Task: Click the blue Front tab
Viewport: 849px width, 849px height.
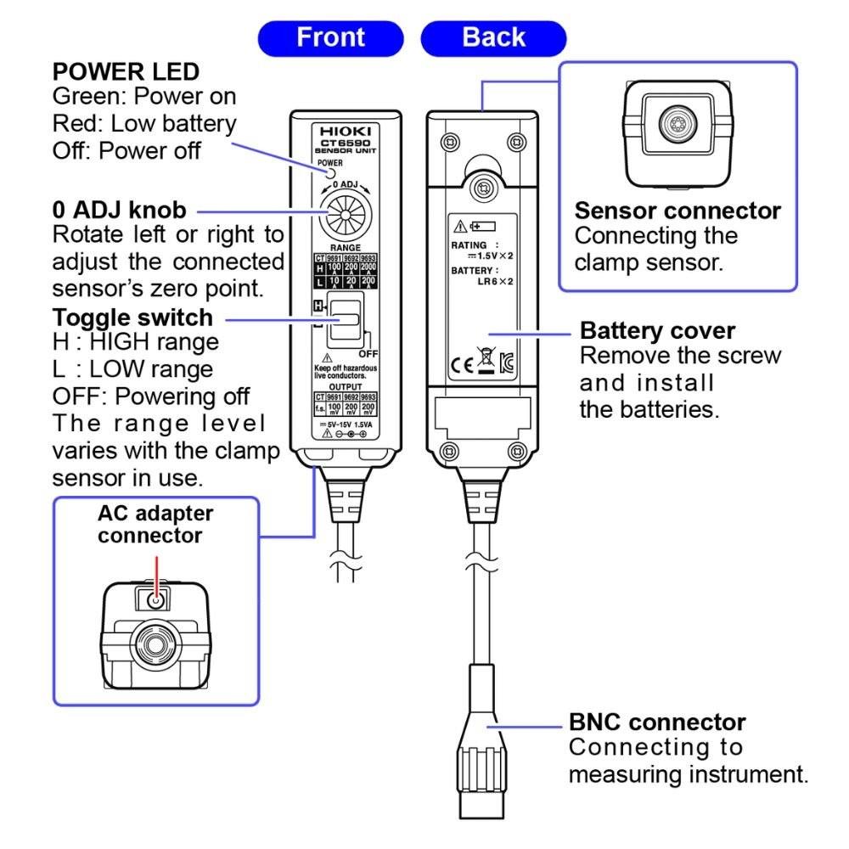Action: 331,38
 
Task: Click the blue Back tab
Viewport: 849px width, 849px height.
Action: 493,38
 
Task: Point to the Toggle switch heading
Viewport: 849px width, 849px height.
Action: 132,318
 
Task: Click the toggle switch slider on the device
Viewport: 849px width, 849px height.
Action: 343,320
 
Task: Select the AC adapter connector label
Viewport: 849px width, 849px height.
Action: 155,525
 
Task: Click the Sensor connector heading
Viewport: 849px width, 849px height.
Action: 678,211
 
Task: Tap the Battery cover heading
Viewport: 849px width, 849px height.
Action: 657,329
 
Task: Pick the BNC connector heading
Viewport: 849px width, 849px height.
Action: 657,722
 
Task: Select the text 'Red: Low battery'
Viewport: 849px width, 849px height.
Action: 144,124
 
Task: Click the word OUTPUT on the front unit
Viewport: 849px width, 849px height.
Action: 345,385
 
